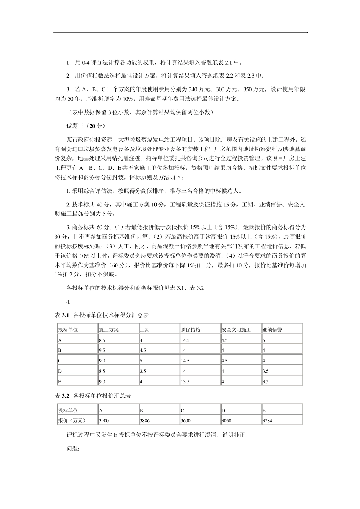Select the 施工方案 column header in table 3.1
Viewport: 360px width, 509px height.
point(109,329)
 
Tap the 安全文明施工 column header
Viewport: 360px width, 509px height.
point(236,329)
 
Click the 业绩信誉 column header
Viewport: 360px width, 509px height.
point(272,329)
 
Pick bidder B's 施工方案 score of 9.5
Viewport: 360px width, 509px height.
point(102,350)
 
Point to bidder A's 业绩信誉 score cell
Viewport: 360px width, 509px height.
point(264,340)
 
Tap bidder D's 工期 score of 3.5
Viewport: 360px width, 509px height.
point(143,371)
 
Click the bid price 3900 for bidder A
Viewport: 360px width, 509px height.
point(103,420)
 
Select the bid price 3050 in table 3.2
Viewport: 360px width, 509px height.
point(226,420)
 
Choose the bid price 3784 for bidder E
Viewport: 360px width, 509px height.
point(267,420)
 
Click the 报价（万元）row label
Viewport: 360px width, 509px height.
point(72,420)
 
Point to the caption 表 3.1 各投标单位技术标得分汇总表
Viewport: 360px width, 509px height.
point(102,315)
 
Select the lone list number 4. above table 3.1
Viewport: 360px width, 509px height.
point(69,302)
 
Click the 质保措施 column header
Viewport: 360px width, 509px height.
point(191,329)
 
